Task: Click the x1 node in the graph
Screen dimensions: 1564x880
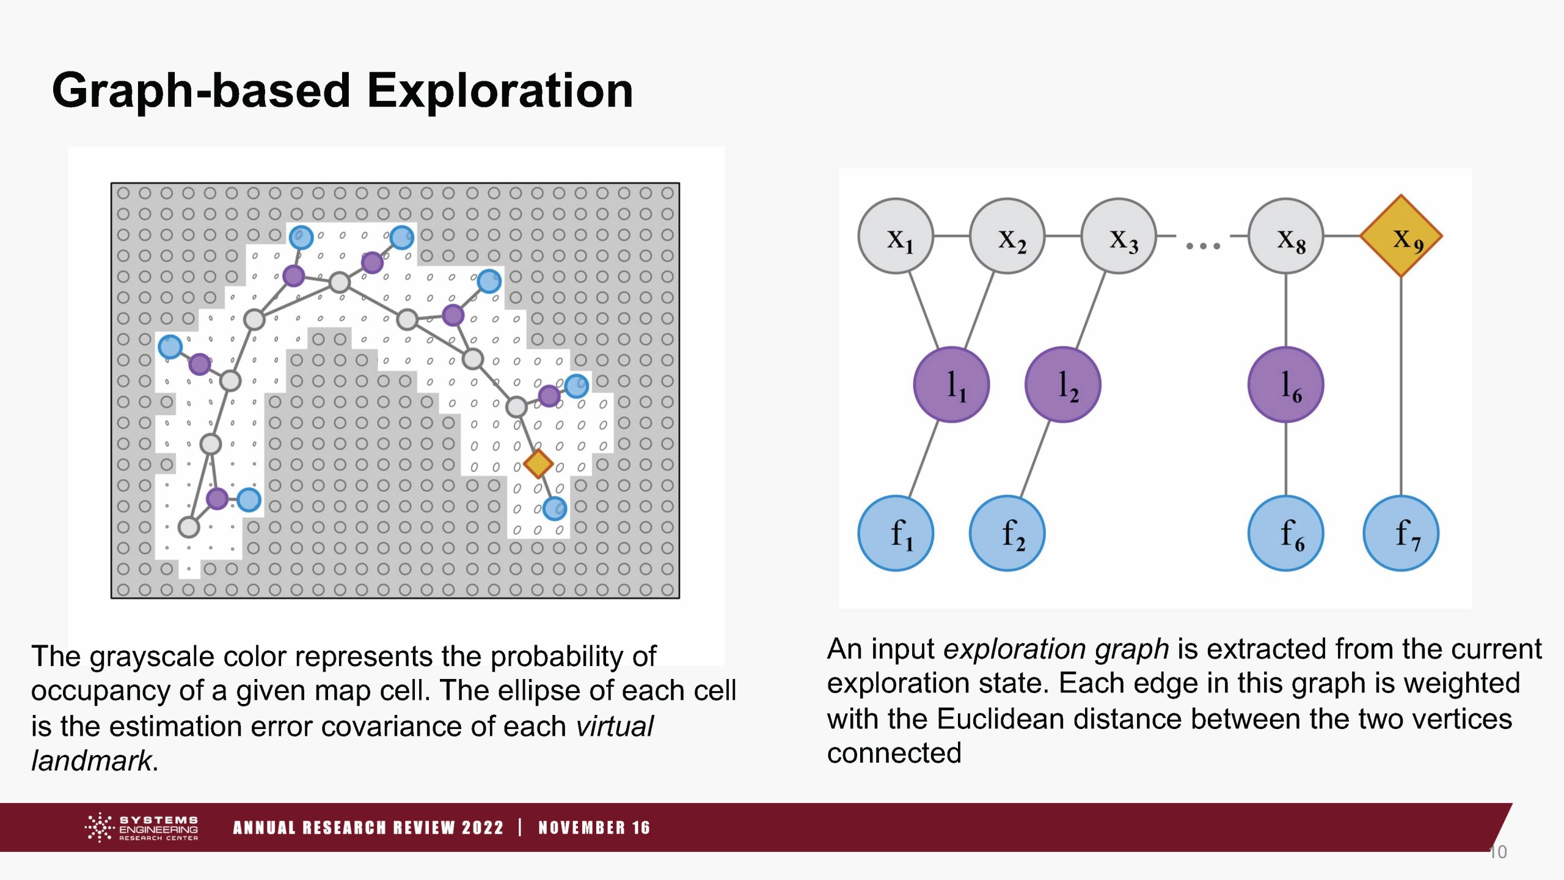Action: point(896,236)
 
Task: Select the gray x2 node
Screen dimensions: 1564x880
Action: point(1007,236)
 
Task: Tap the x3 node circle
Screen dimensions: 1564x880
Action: point(1119,236)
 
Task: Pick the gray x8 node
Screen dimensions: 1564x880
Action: point(1286,236)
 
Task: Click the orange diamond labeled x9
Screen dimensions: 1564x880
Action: point(1401,236)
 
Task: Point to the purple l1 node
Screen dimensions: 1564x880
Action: point(951,384)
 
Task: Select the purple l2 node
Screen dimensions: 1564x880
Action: point(1062,384)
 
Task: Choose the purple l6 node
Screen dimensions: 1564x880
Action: point(1286,384)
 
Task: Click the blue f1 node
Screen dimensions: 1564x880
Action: point(896,533)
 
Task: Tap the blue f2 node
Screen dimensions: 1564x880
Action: point(1007,533)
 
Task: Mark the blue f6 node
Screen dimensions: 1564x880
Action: point(1286,533)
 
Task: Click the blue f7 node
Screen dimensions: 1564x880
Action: point(1401,533)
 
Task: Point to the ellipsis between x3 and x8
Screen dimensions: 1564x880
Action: point(1203,246)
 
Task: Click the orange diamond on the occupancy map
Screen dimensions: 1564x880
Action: point(538,464)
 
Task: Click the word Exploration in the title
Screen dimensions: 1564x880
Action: point(500,90)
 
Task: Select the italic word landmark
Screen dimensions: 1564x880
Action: point(92,760)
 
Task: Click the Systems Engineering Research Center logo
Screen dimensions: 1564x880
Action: point(141,827)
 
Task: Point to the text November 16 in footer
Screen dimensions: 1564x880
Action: point(594,827)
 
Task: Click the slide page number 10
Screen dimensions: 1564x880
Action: point(1498,852)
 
